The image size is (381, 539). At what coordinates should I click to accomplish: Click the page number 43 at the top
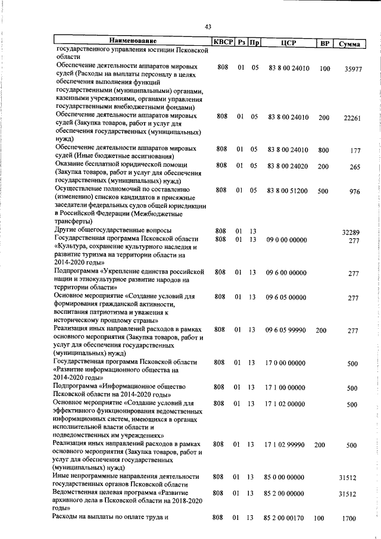pos(208,26)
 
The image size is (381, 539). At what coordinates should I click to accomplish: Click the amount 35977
pos(352,70)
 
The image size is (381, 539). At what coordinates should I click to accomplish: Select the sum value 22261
pos(352,119)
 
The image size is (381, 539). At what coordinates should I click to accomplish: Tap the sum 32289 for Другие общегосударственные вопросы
pos(351,232)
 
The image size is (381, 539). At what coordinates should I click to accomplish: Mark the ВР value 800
pos(323,150)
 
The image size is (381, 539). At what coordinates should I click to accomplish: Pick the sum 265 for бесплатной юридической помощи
pos(355,167)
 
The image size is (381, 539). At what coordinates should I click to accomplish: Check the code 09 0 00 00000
pos(286,239)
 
